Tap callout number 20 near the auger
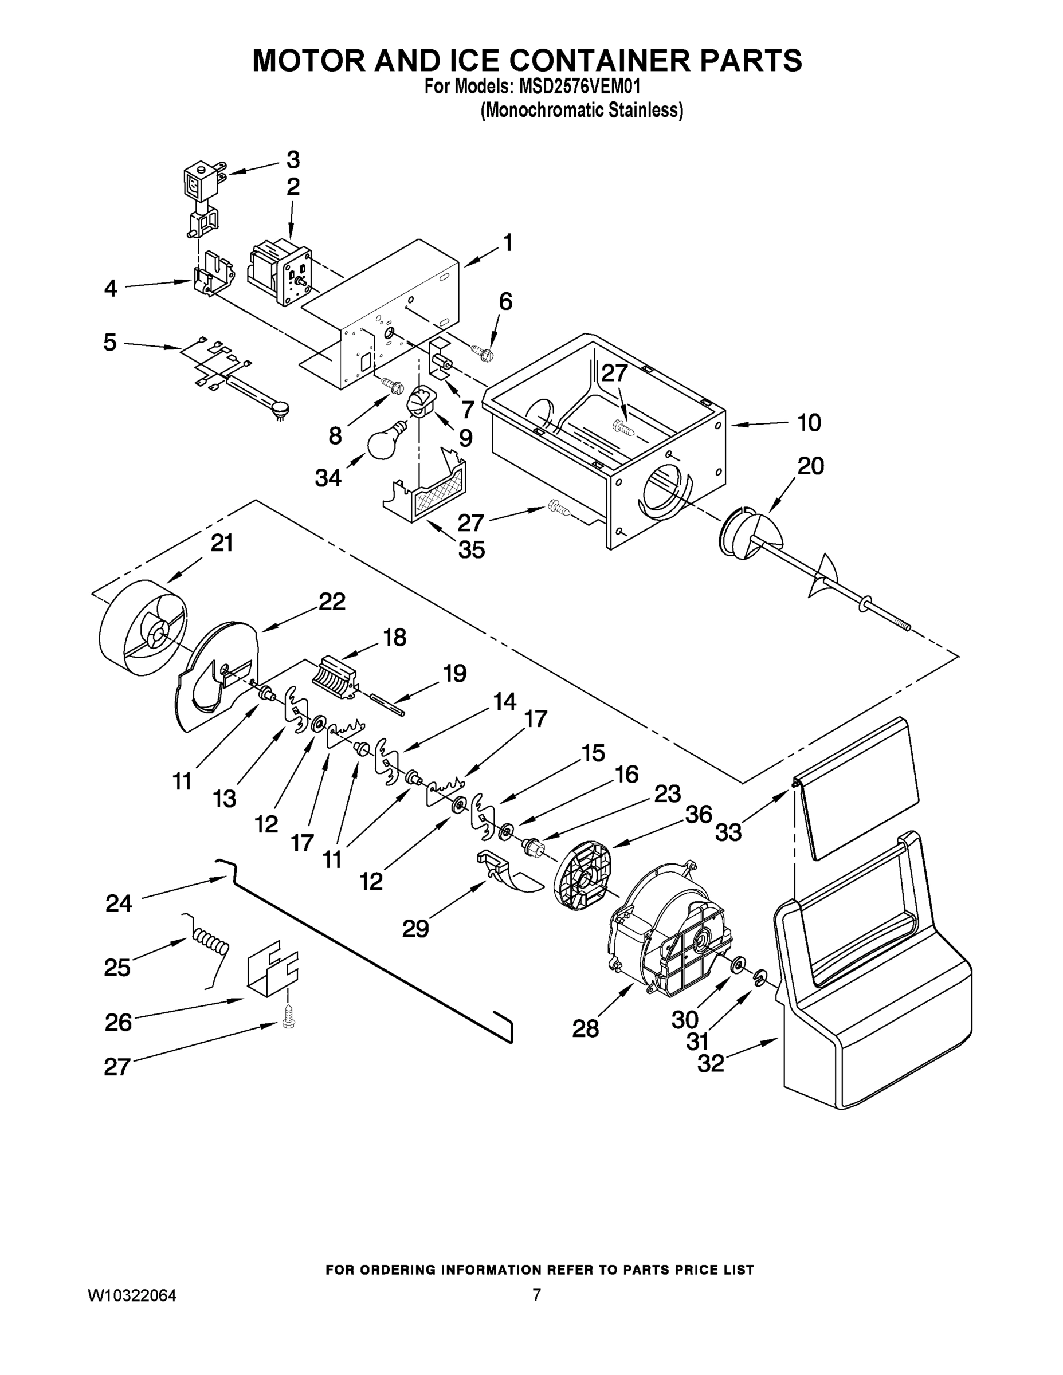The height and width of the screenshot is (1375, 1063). click(810, 466)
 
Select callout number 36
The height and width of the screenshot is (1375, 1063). click(699, 814)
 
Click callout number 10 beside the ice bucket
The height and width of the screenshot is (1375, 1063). click(809, 422)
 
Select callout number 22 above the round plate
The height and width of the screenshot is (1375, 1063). click(332, 603)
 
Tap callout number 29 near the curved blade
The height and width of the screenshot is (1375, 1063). click(415, 928)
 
